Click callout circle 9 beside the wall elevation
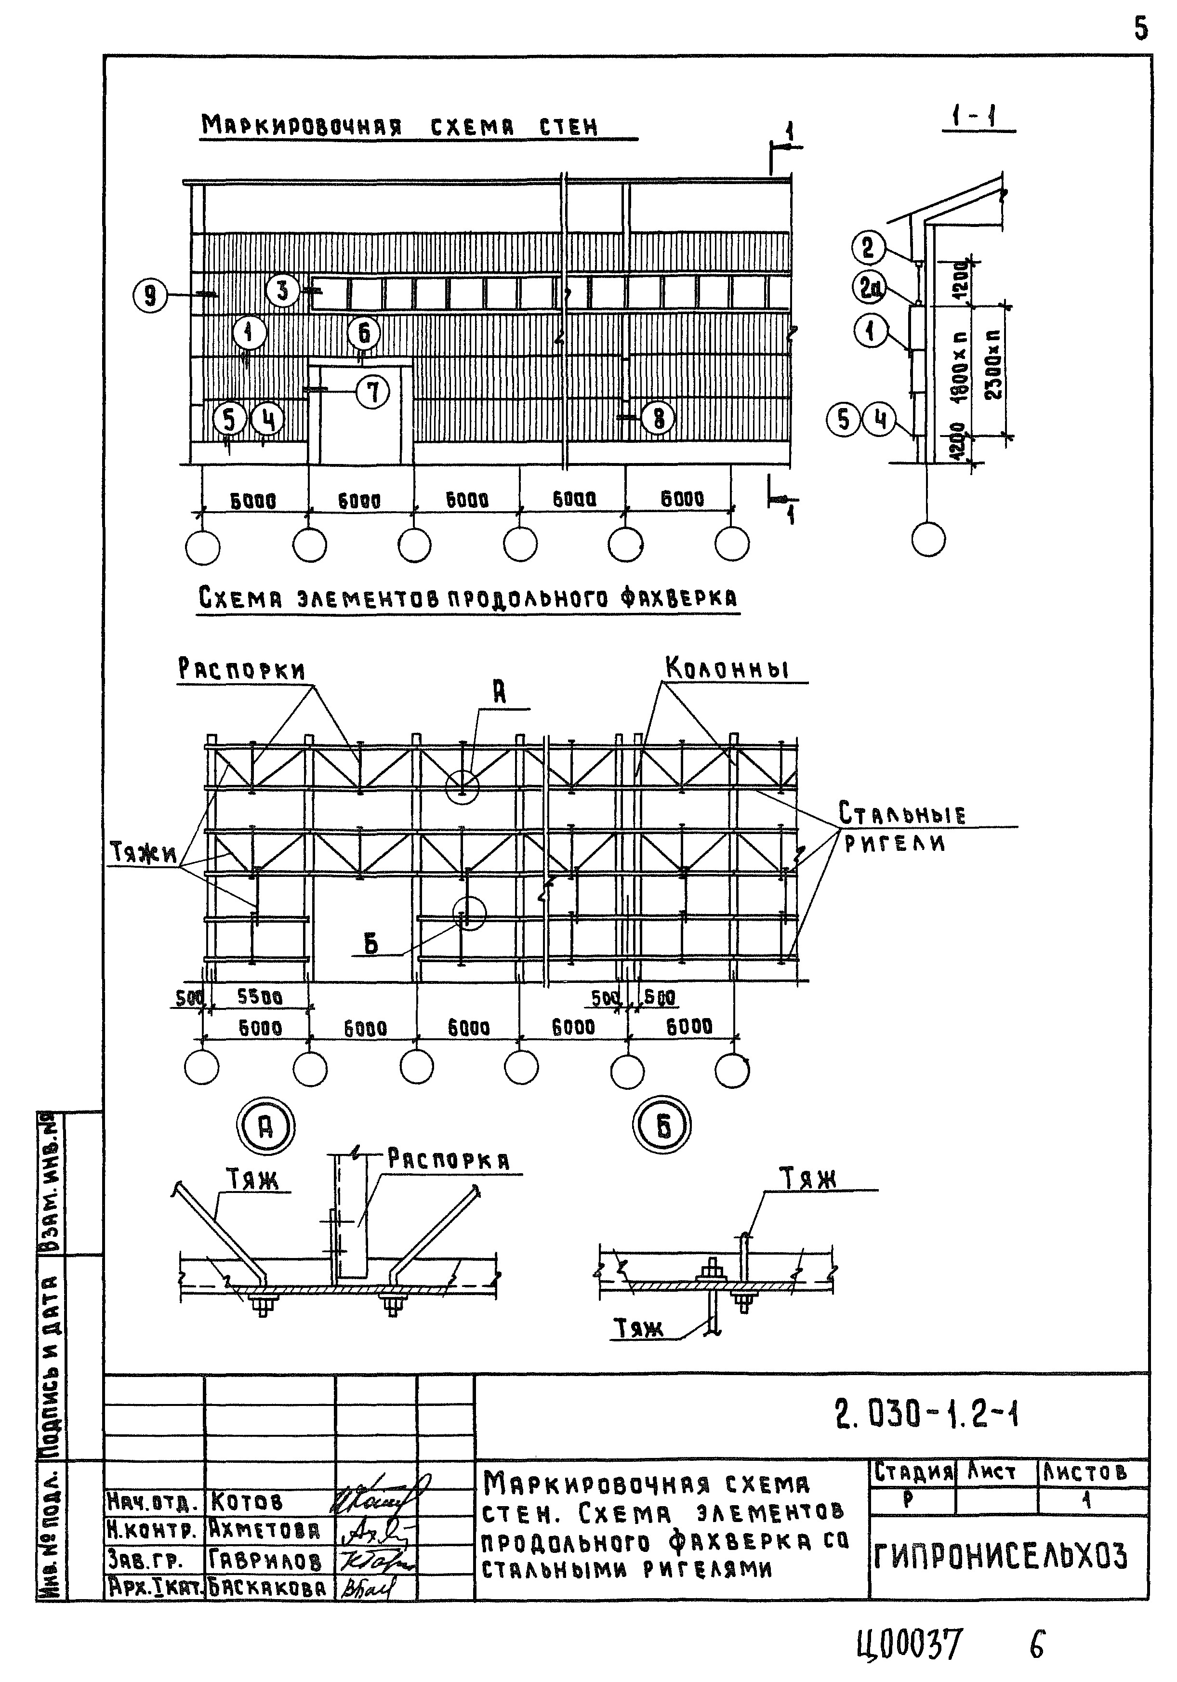(150, 296)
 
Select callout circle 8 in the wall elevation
(658, 418)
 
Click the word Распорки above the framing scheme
(242, 669)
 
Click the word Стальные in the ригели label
(901, 813)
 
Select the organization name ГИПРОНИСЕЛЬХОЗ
(1001, 1556)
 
